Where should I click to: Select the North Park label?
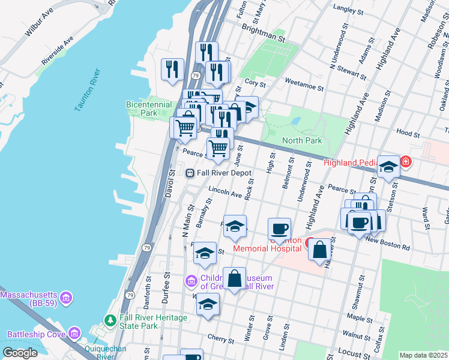coord(303,140)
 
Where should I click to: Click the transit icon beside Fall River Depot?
coord(190,173)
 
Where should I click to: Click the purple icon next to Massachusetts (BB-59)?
coord(66,296)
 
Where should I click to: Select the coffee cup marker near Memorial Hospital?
coord(280,229)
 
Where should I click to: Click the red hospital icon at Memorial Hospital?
coord(310,243)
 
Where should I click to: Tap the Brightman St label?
coord(263,32)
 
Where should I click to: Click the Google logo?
coord(20,353)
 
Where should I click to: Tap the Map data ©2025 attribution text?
coord(423,355)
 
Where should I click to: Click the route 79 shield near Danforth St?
coord(130,295)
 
